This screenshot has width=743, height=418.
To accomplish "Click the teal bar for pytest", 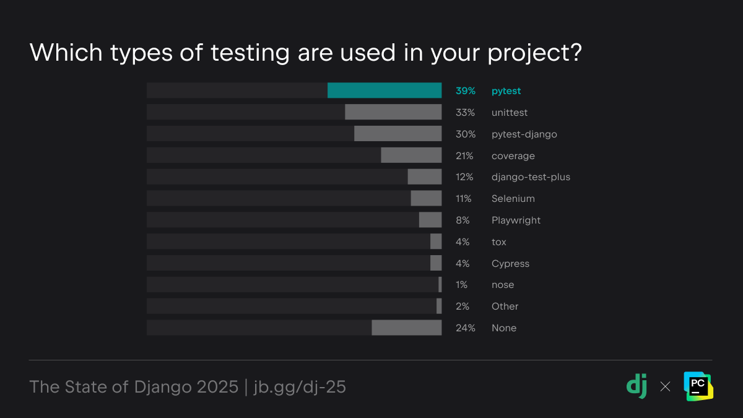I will pos(384,90).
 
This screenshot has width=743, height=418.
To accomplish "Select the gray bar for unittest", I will pos(393,112).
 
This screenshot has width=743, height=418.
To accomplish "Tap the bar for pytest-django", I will pos(398,134).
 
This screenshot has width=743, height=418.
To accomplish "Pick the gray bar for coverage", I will pos(411,155).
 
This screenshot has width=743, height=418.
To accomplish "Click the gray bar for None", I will pos(406,328).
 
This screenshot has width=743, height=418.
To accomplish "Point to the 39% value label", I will pos(466,91).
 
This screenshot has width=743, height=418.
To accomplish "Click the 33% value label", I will pos(465,113).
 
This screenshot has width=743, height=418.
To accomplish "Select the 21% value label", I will pos(465,156).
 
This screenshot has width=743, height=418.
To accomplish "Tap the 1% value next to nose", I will pos(461,285).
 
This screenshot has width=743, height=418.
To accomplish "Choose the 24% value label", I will pos(466,328).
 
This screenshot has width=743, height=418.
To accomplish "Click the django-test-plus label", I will pos(531,177).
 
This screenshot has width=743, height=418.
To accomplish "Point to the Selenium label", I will pos(513,199).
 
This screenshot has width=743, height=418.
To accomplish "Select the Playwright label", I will pos(516,220).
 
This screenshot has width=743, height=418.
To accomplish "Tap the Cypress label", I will pos(510,264).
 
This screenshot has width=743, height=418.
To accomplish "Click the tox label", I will pos(498,242).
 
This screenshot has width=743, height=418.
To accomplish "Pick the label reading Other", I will pos(505,307).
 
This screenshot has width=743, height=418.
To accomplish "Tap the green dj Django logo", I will pos(637,386).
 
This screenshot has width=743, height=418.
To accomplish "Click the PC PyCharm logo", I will pos(698,386).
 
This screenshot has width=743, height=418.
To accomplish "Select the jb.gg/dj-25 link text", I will pos(300,387).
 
